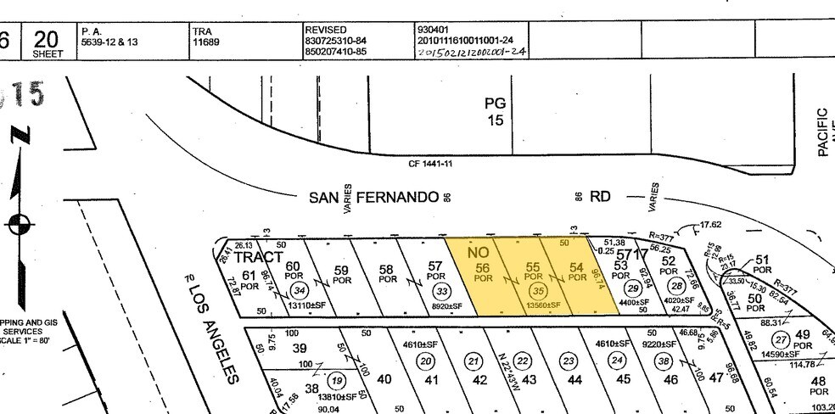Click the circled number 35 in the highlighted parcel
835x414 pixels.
point(535,290)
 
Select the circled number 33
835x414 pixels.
point(440,289)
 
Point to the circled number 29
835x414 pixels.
point(631,288)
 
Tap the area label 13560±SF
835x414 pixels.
point(535,305)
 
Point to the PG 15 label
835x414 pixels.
point(496,111)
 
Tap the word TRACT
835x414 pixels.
point(259,256)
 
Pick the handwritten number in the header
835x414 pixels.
point(472,52)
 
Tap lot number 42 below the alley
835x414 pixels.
point(479,379)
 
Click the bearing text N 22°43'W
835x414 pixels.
point(507,367)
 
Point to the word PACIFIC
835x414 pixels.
point(821,131)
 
